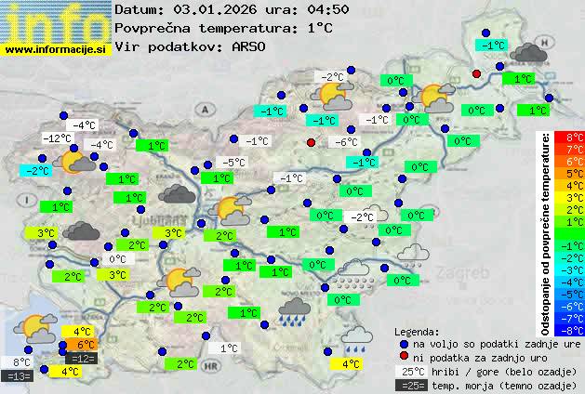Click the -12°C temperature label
58,138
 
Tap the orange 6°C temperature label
80,346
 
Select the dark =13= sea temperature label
18,375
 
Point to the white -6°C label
346,142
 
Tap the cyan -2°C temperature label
36,171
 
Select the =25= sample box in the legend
411,385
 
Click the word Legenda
417,331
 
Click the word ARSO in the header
250,46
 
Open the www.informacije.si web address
55,50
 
